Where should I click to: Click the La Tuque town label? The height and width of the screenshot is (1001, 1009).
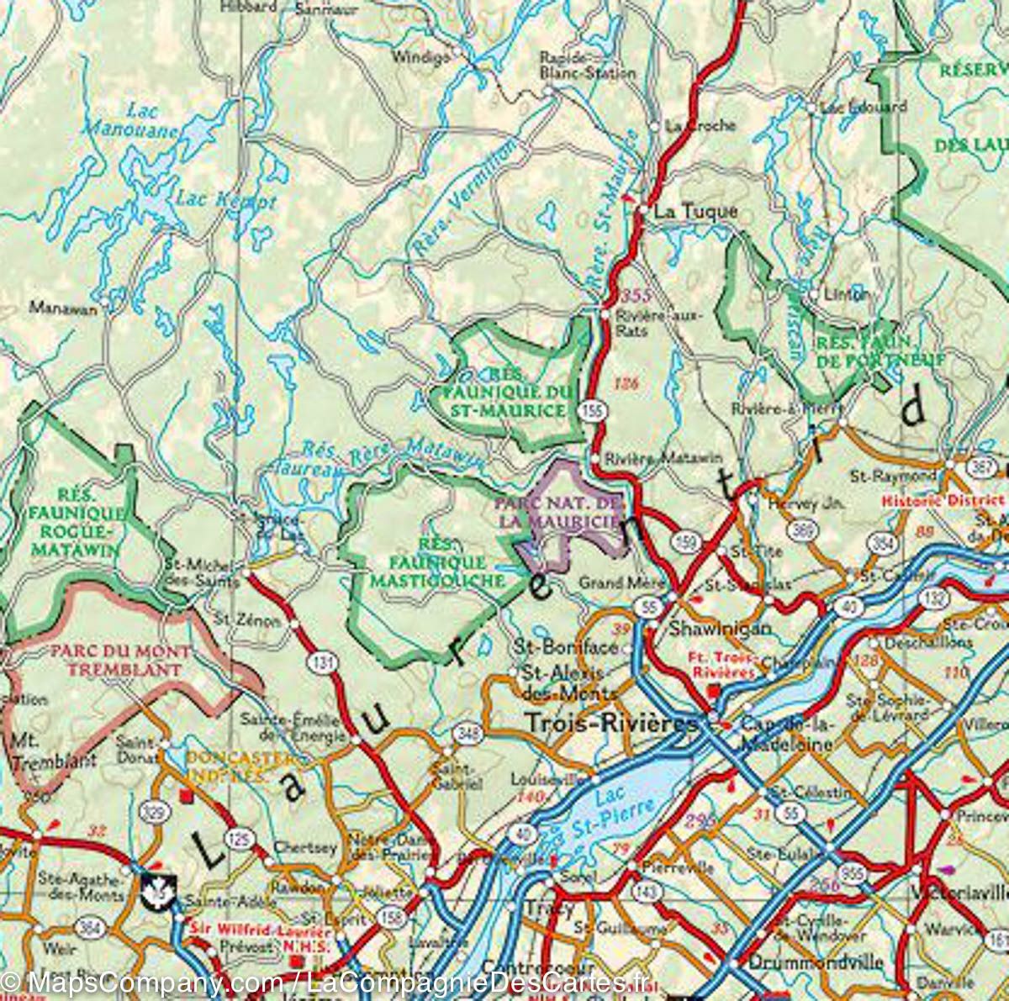pyautogui.click(x=695, y=212)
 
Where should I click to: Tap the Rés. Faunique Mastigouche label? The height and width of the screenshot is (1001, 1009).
pyautogui.click(x=428, y=561)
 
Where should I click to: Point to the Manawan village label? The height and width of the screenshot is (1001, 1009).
pyautogui.click(x=63, y=308)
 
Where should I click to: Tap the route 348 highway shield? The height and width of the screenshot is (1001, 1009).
pyautogui.click(x=469, y=733)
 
